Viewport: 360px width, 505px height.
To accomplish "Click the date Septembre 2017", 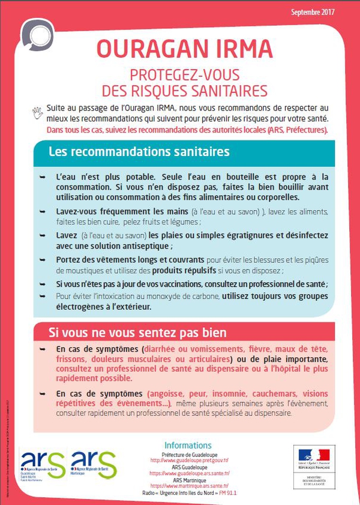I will pos(313,12).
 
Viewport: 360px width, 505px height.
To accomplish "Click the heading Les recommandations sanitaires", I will pos(139,151).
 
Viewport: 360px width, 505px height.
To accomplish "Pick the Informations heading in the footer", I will pos(187,446).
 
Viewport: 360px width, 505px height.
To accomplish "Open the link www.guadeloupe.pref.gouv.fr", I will pos(188,461).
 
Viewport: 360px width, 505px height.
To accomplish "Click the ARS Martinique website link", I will pos(187,485).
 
